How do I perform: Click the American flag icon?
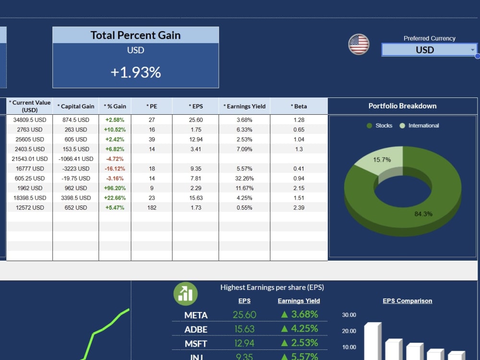pos(359,44)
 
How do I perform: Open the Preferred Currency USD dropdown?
pos(429,49)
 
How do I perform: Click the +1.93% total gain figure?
pos(136,72)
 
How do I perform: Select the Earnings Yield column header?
pos(244,106)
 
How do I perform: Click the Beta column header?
pos(299,106)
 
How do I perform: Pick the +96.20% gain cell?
pos(115,188)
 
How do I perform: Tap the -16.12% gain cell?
pos(115,168)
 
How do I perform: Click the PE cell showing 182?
pos(152,207)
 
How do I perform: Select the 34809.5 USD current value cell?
pos(30,120)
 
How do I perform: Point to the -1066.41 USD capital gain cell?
pos(76,159)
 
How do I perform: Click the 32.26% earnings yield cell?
pos(244,178)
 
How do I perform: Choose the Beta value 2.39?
pos(299,207)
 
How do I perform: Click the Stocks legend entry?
pos(380,125)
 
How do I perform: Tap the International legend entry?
pos(420,125)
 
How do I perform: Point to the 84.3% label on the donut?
pos(423,214)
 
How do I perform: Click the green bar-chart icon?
pos(185,294)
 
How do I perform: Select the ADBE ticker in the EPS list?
pos(196,329)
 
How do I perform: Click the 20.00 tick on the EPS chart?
pos(349,331)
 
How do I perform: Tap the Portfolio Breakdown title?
pos(403,106)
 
